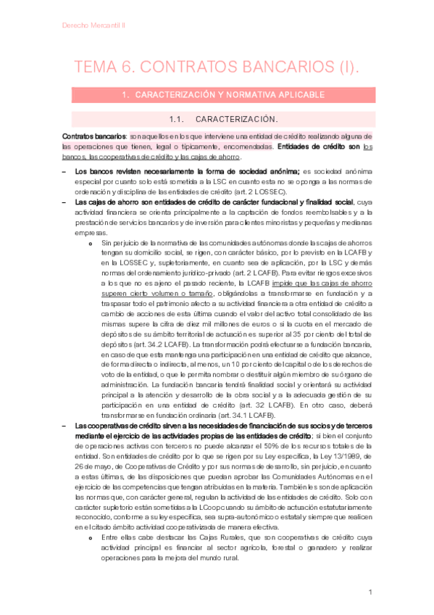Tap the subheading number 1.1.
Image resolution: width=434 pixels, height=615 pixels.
coord(178,119)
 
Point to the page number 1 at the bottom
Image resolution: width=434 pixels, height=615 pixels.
coord(370,593)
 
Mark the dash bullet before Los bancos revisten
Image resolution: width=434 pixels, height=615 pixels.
coord(65,172)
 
